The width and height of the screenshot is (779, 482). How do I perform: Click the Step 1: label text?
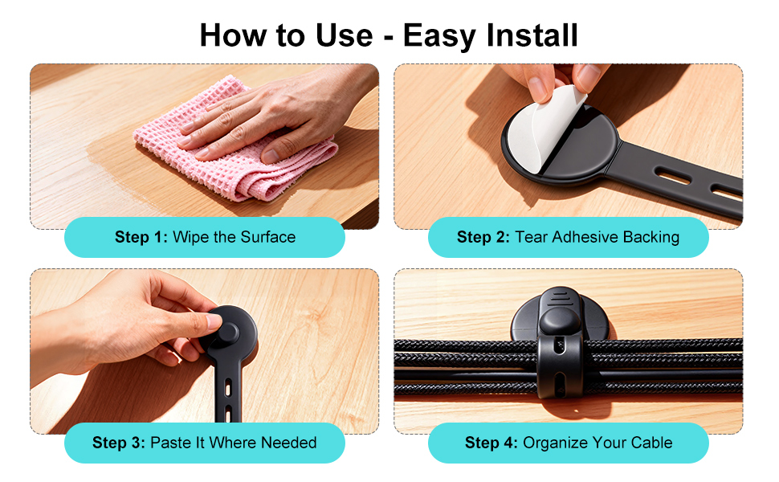coord(141,237)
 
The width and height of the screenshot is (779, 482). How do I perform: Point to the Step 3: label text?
coord(119,443)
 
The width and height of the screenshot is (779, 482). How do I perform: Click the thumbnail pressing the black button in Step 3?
coord(214,321)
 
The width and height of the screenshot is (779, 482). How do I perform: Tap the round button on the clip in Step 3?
coord(227,333)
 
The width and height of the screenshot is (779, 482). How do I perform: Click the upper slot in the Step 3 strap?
coord(228,387)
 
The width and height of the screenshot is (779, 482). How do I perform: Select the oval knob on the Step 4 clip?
coord(560,321)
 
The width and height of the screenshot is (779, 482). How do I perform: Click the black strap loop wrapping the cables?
coord(560,368)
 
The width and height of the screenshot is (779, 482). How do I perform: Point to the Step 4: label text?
coord(491,443)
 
